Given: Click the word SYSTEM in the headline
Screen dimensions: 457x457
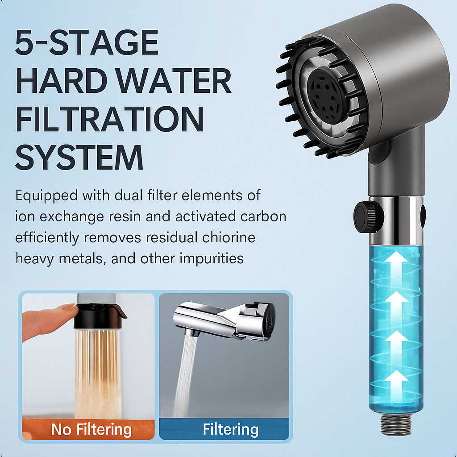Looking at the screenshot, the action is [x=79, y=157].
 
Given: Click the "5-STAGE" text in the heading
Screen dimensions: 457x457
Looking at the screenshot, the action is [x=87, y=42].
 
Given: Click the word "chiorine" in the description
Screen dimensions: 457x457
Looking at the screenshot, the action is [x=229, y=237].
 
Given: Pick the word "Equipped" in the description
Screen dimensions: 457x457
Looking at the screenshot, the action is [x=46, y=196].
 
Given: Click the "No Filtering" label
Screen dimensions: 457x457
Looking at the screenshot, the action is [x=91, y=429].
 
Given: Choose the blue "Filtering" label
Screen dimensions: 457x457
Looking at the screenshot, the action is [x=231, y=430].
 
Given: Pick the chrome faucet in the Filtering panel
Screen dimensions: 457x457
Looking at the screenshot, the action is [x=224, y=320].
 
